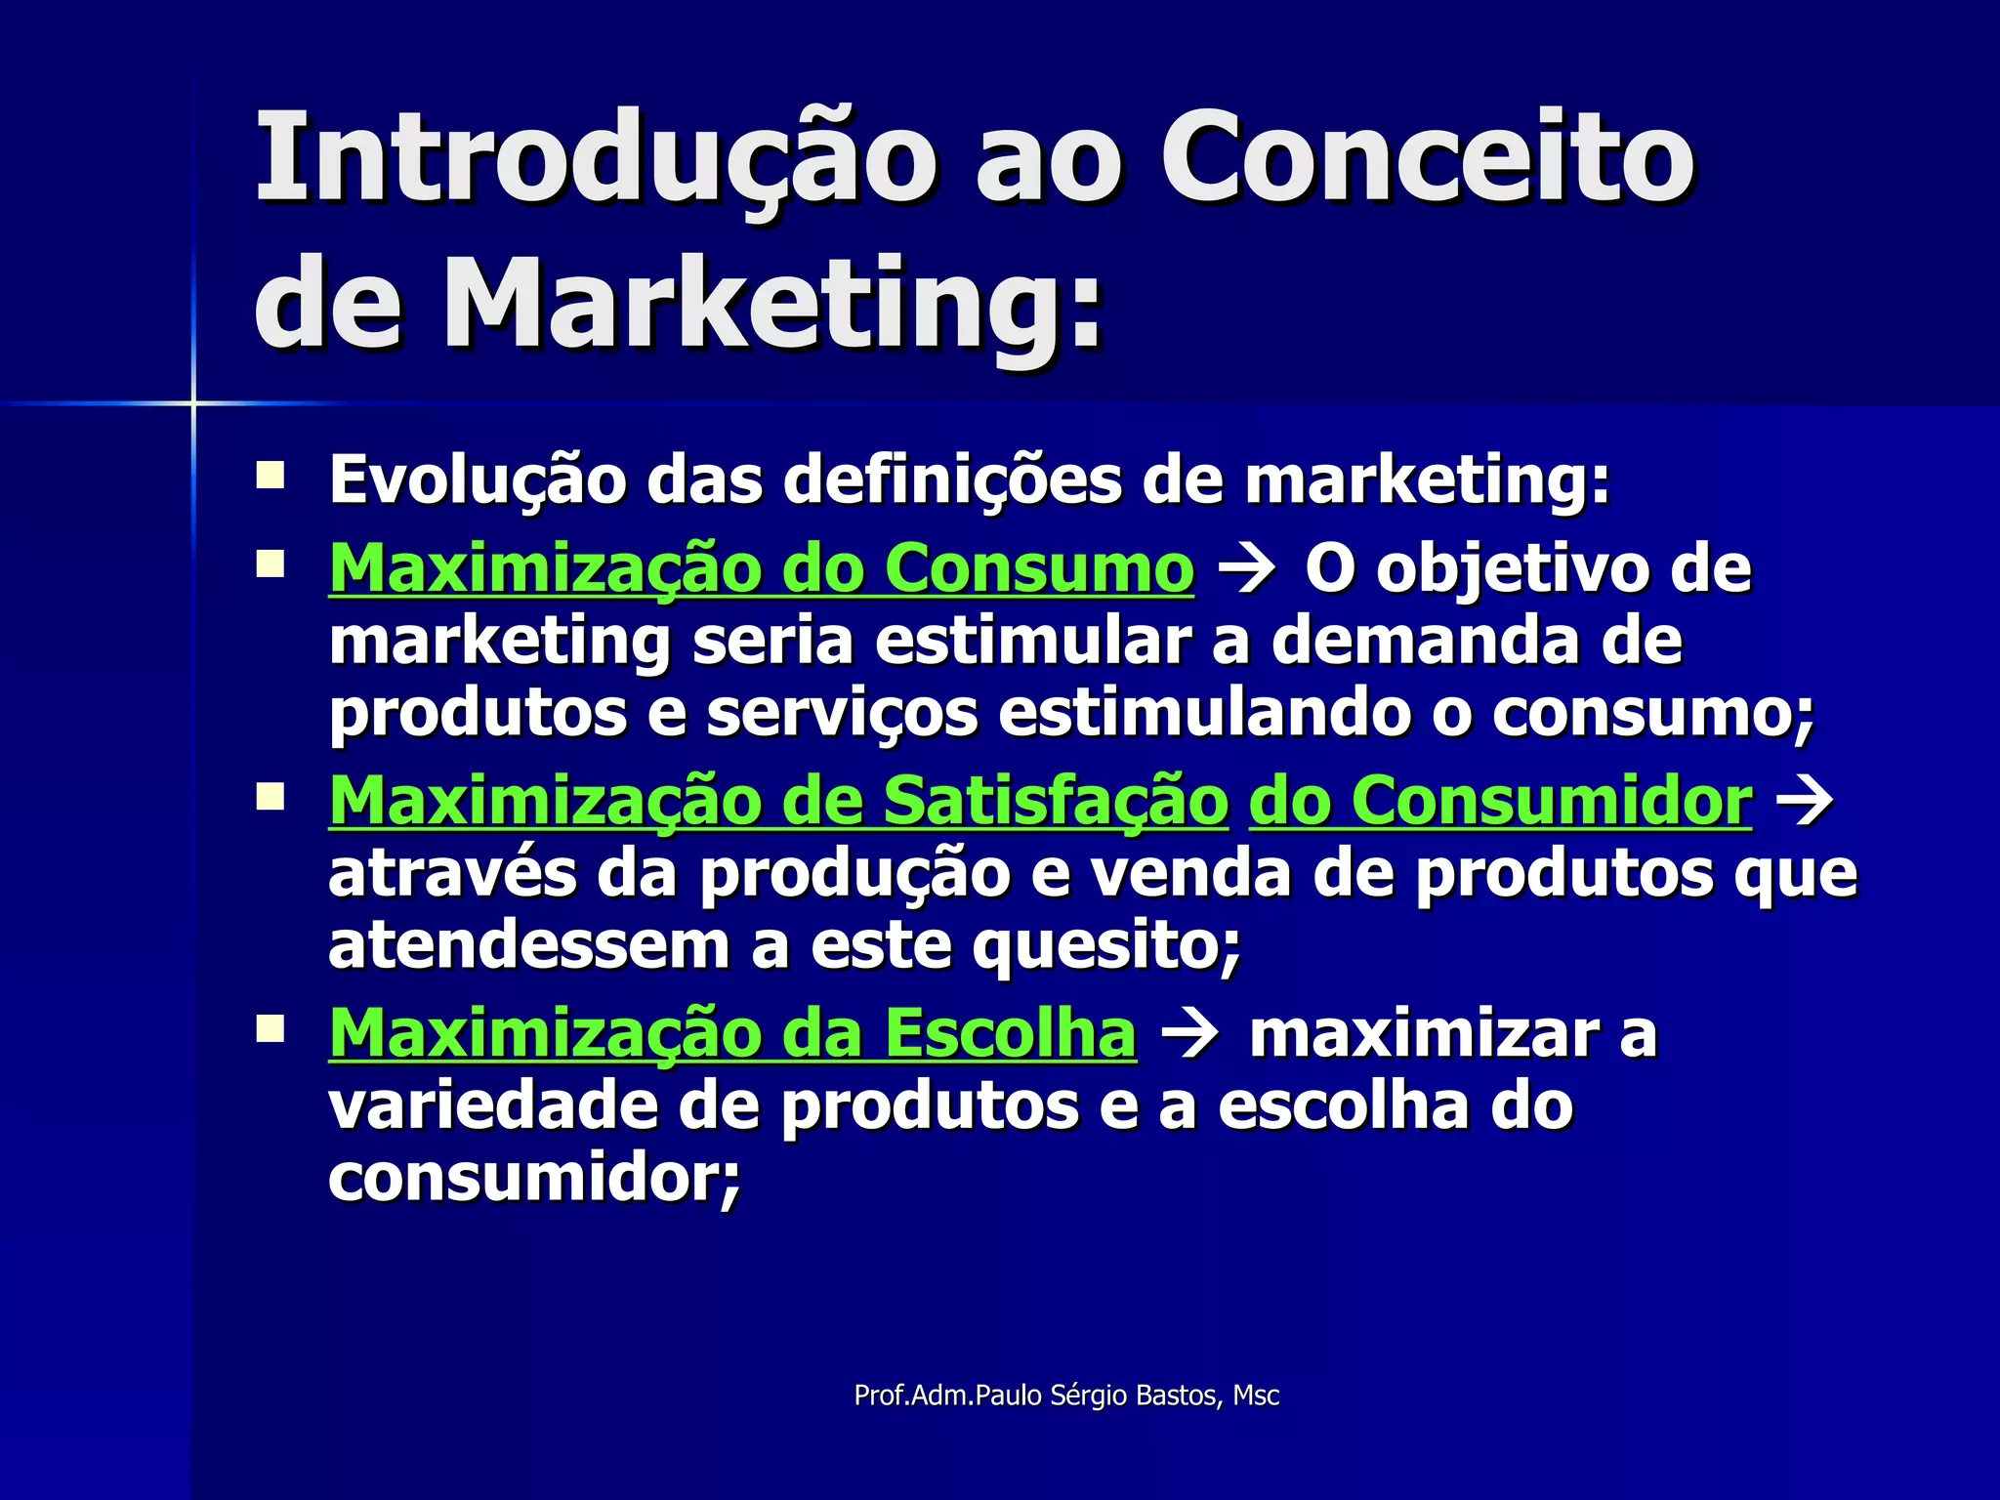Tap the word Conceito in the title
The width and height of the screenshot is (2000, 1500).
pos(1427,158)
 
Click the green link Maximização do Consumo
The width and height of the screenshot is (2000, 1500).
pos(761,568)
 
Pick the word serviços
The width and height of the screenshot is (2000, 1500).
pos(842,714)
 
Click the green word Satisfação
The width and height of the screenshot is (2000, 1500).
pos(1055,801)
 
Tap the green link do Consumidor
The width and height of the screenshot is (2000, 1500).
pos(1500,801)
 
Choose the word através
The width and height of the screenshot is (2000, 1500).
pos(452,873)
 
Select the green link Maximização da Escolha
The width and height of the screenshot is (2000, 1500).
pos(732,1033)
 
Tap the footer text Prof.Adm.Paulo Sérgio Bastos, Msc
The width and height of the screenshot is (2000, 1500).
pos(1066,1396)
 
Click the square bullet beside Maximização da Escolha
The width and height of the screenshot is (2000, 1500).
pos(270,1029)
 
